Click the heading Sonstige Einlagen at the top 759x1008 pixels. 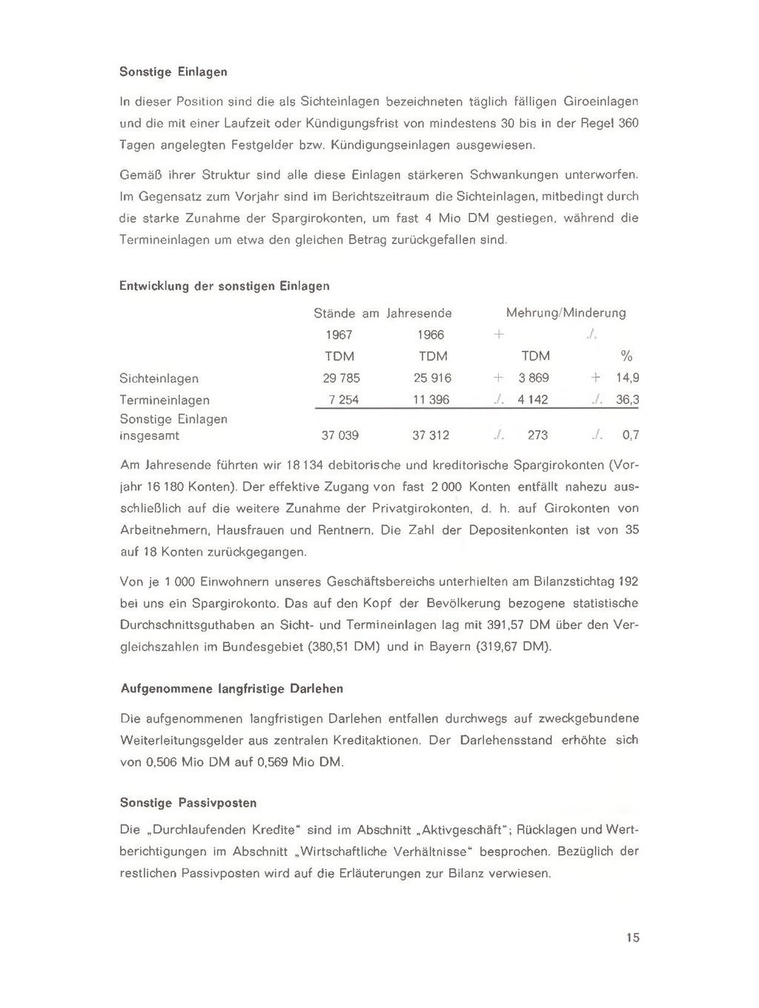point(173,72)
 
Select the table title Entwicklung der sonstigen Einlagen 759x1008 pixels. point(224,286)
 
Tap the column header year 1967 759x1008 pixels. point(339,335)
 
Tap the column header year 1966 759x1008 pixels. point(431,335)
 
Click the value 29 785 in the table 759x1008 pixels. point(341,378)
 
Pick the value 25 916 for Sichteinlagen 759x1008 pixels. point(432,378)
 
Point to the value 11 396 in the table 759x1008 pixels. point(432,400)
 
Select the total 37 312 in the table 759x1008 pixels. point(431,435)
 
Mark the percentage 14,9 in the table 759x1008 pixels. point(627,378)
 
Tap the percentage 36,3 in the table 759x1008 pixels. point(627,400)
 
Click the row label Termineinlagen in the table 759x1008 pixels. point(165,400)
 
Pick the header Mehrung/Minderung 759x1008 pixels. point(566,313)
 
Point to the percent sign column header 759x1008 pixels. point(626,356)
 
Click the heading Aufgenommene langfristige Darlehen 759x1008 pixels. point(232,688)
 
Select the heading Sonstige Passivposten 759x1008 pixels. point(188,803)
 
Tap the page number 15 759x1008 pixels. point(632,938)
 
